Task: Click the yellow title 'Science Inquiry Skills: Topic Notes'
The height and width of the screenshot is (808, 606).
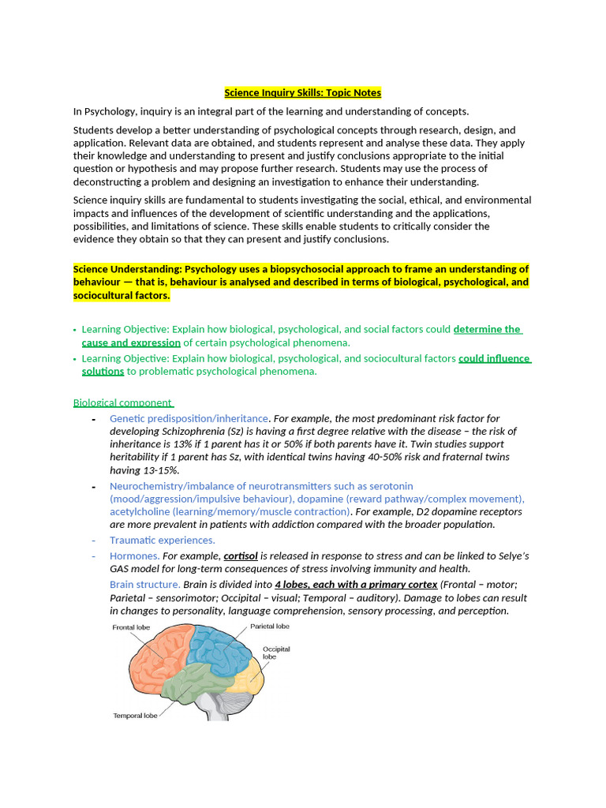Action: coord(302,93)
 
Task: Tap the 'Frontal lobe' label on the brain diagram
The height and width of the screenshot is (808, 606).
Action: coord(130,627)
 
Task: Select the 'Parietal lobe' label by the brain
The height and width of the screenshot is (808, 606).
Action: coord(270,626)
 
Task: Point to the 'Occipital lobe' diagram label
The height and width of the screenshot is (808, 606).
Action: coord(275,653)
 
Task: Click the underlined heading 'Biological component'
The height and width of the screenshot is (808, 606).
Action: coord(123,402)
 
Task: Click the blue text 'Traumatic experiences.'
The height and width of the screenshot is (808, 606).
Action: coord(163,541)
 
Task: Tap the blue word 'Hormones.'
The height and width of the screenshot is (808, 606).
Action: coord(135,556)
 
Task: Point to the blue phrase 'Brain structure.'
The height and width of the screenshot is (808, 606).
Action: coord(145,585)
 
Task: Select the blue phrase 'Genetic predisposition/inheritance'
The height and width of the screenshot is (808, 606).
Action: coord(189,418)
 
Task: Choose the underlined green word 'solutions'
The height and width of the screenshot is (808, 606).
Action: coord(103,372)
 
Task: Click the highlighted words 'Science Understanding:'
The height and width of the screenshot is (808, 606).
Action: coord(127,269)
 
